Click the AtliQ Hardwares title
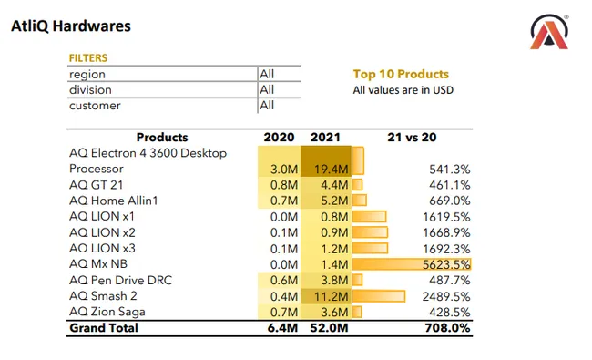(x=71, y=26)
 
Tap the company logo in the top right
(x=550, y=34)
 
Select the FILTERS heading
(x=88, y=58)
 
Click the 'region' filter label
(x=87, y=74)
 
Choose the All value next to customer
(x=267, y=106)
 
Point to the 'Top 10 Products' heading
(x=401, y=74)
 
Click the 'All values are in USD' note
(x=403, y=89)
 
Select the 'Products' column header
(x=161, y=138)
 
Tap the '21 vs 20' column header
(x=411, y=138)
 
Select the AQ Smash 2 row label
(x=103, y=296)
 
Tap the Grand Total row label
(x=104, y=328)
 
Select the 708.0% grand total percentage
(x=447, y=328)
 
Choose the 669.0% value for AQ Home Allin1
(x=449, y=201)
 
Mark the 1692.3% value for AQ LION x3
(x=447, y=249)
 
